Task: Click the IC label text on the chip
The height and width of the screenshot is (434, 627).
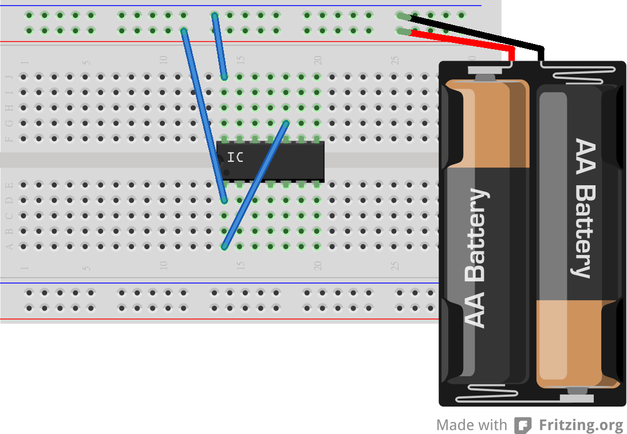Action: click(x=235, y=157)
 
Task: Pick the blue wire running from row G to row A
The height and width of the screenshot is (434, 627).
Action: click(x=255, y=184)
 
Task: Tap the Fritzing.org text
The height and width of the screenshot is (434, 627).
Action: click(x=581, y=425)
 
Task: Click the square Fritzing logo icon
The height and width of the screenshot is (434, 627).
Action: click(x=523, y=425)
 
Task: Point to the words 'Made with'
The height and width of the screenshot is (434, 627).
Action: click(x=471, y=425)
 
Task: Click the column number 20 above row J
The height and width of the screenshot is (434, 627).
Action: click(x=318, y=60)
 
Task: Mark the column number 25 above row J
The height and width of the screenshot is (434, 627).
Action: click(x=395, y=60)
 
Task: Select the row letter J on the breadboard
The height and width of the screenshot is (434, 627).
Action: click(x=9, y=77)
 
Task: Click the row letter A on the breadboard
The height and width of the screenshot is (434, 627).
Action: click(x=9, y=246)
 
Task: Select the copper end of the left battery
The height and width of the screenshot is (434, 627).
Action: click(x=487, y=123)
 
